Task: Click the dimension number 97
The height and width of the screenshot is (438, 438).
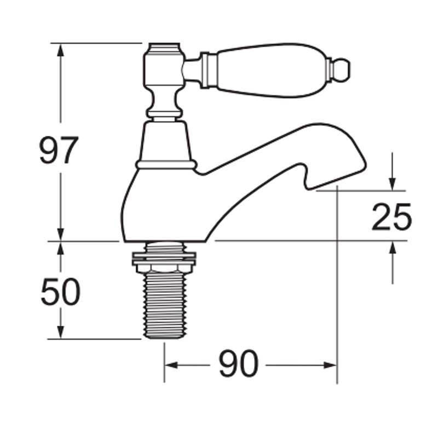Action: pyautogui.click(x=59, y=151)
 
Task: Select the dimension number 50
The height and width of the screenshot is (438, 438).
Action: pyautogui.click(x=60, y=292)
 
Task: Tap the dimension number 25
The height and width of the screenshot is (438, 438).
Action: pyautogui.click(x=391, y=217)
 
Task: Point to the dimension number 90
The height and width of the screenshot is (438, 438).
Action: pyautogui.click(x=239, y=364)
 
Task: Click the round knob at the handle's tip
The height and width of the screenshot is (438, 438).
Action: pyautogui.click(x=342, y=70)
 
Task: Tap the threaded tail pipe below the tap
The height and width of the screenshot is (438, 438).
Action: pyautogui.click(x=164, y=307)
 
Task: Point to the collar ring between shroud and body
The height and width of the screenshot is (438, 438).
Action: pyautogui.click(x=166, y=164)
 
